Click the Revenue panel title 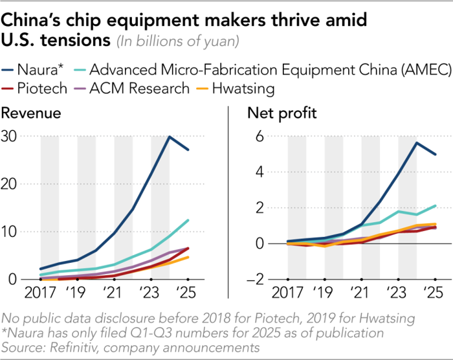point(32,115)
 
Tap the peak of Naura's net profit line point(416,142)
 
